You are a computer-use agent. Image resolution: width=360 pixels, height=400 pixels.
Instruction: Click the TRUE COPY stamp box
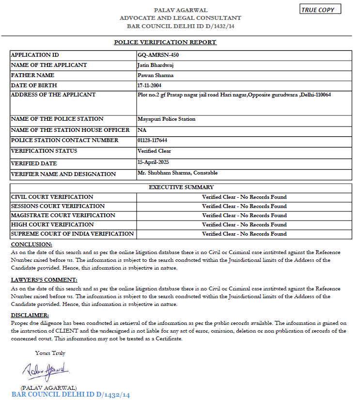[320, 10]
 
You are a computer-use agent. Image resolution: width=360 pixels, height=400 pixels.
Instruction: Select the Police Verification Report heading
[165, 42]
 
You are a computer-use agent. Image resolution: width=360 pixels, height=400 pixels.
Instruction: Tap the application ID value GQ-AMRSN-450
[158, 55]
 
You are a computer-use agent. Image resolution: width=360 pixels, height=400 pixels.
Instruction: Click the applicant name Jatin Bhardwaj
[156, 65]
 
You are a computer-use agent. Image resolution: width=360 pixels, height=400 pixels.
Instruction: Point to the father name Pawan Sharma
[156, 75]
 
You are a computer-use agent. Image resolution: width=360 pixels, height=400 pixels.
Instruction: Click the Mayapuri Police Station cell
[167, 119]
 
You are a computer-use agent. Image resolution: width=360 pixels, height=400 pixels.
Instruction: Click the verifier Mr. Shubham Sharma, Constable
[178, 173]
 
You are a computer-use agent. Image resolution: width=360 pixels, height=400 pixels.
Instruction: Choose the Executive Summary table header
[181, 187]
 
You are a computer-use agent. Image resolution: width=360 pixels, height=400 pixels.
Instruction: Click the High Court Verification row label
[52, 224]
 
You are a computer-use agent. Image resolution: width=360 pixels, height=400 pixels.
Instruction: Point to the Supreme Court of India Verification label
[72, 234]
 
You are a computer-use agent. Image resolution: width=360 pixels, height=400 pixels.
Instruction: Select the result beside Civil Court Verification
[244, 197]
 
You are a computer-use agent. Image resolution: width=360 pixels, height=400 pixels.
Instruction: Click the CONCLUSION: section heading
[31, 244]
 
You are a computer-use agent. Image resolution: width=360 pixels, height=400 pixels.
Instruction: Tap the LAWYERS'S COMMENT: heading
[44, 280]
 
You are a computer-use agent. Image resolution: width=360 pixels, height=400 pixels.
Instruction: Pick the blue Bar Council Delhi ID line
[71, 395]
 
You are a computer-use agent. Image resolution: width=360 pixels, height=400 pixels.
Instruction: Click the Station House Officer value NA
[142, 130]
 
